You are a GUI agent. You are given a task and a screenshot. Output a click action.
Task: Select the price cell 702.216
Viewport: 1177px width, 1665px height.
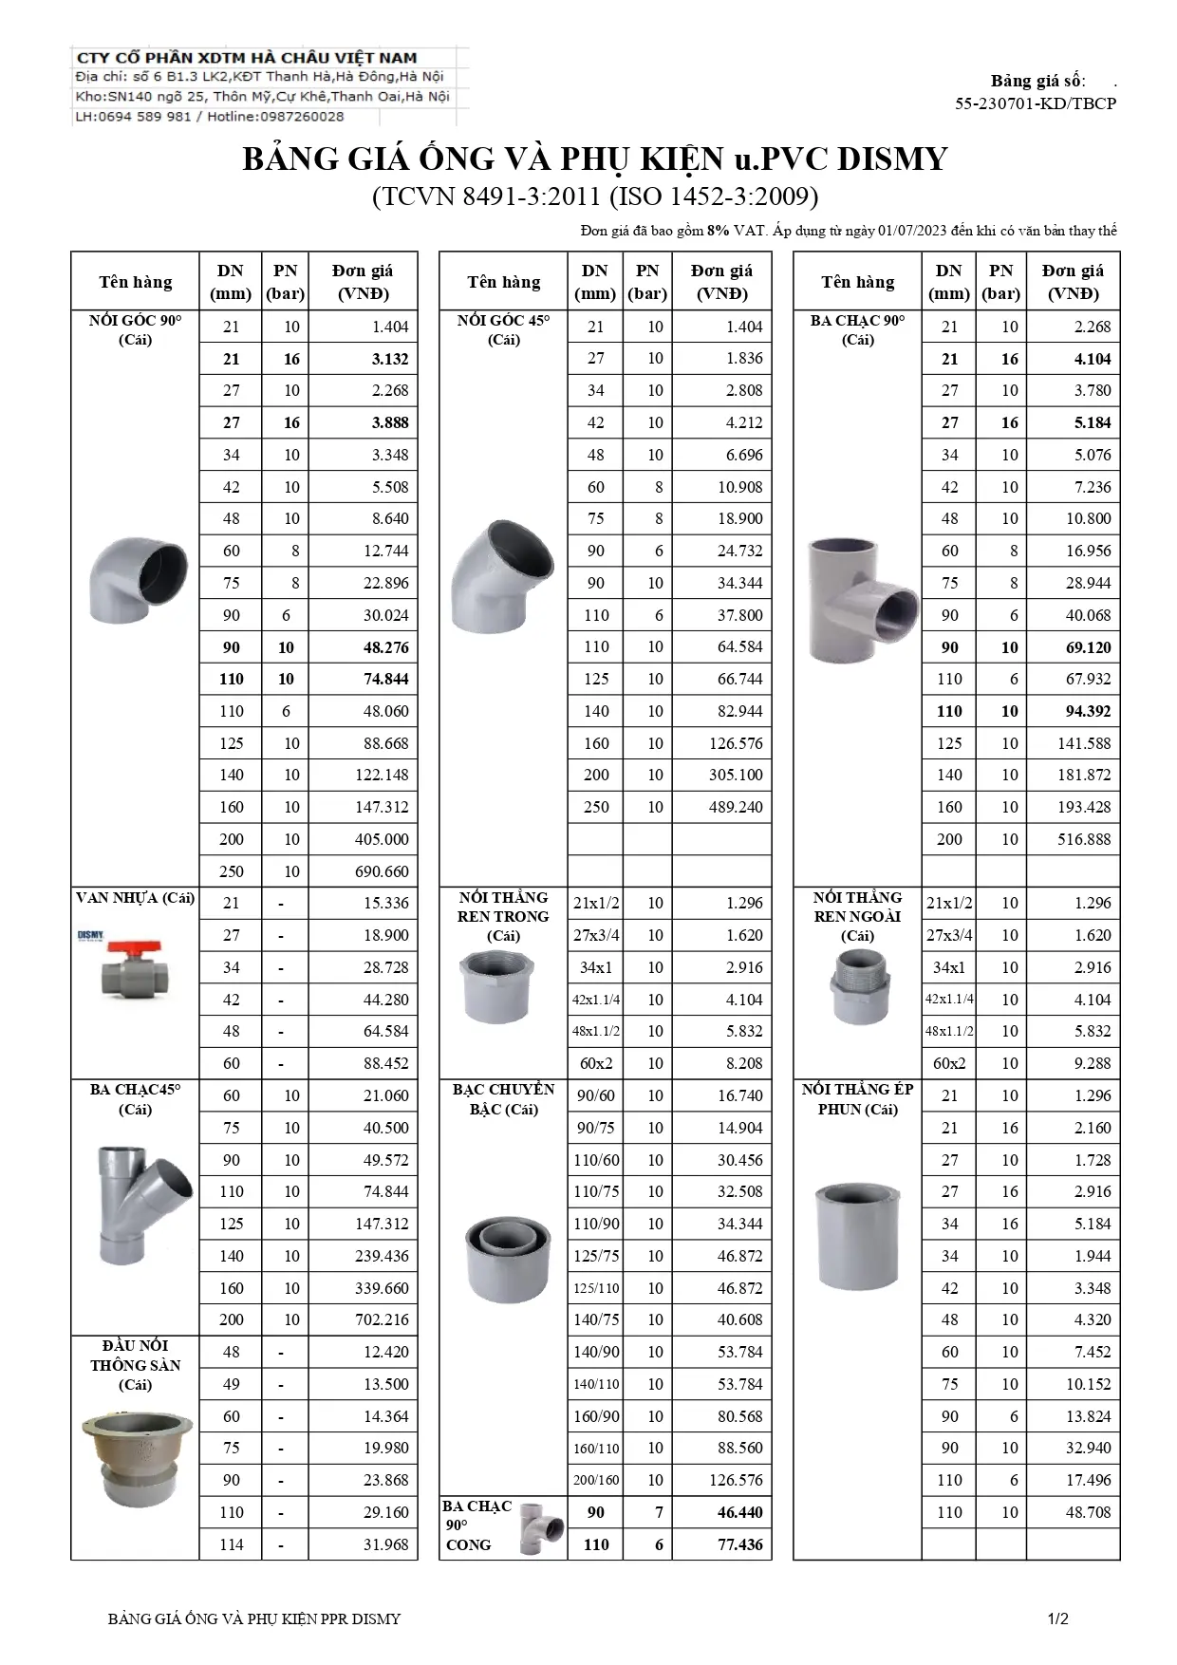[383, 1319]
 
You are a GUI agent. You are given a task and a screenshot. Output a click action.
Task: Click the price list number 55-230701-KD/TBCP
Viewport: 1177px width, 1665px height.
[1036, 103]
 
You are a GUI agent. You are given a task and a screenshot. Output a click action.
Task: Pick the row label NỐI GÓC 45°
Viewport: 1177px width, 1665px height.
[503, 321]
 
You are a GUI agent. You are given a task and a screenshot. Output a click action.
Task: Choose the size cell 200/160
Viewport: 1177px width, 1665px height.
[596, 1480]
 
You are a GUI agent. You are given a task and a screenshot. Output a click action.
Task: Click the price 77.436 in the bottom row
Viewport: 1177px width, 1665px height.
[739, 1544]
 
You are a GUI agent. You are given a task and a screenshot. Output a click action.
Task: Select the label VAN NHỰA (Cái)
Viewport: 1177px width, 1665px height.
[135, 898]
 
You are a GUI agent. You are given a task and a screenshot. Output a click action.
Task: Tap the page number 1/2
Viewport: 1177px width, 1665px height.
[1058, 1618]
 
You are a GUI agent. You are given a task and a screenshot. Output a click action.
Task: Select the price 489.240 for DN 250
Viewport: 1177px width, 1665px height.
[736, 807]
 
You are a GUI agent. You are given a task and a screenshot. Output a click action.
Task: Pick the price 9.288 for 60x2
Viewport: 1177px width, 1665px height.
[1092, 1063]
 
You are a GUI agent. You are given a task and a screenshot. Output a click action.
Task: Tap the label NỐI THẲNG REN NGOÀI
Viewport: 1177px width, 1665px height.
[857, 907]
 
